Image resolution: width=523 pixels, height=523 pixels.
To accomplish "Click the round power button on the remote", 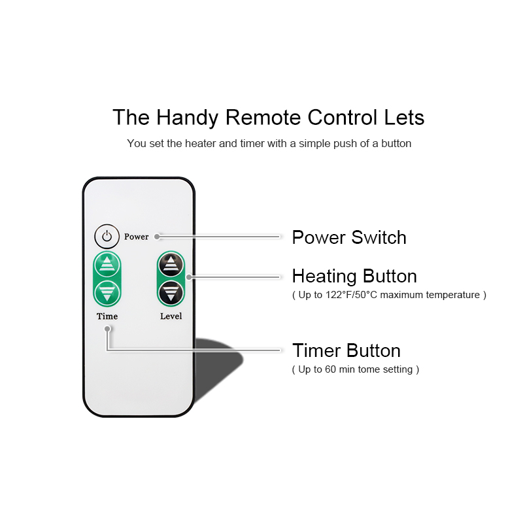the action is [107, 237].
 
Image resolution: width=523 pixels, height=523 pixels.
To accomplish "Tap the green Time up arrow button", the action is [107, 265].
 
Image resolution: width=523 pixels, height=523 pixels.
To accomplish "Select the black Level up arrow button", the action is [171, 265].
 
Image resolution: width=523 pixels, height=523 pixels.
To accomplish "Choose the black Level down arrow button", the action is [171, 293].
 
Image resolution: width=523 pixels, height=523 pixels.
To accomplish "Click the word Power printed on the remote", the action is [137, 237].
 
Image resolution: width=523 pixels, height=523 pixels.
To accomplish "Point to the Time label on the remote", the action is [107, 316].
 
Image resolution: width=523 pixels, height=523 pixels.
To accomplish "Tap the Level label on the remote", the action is [171, 316].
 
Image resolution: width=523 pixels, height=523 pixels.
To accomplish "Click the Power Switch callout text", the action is [349, 237].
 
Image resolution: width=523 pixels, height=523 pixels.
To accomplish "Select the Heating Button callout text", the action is [354, 276].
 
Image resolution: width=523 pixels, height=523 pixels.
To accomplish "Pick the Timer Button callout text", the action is [346, 350].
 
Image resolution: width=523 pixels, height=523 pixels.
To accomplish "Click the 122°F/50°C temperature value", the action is [351, 295].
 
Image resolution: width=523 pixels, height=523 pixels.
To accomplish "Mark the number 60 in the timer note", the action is [330, 369].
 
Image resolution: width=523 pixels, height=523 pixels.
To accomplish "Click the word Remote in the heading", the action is [263, 118].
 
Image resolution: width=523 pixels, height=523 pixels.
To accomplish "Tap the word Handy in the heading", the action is [187, 118].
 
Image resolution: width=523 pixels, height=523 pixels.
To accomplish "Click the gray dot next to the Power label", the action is [157, 237].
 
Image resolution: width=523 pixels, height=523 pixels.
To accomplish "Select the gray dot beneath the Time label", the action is [107, 329].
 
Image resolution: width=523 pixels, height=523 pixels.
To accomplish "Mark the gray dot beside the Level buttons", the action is [189, 277].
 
